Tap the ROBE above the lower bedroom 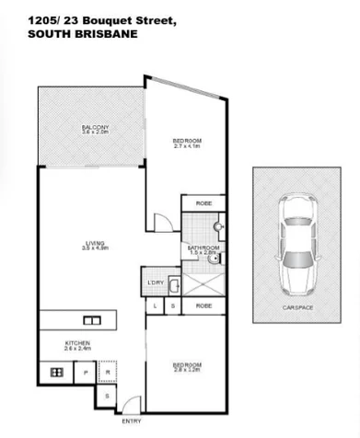(x=203, y=305)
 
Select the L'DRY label (x=155, y=282)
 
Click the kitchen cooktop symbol (x=54, y=373)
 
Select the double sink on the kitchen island (x=93, y=320)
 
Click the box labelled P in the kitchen (x=86, y=374)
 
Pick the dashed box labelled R (x=108, y=374)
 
